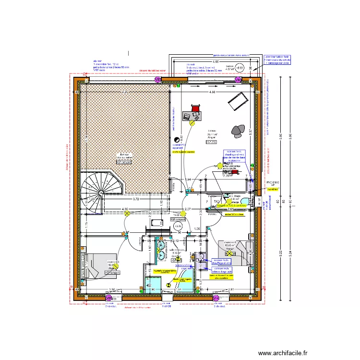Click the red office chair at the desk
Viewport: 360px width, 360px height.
[x=195, y=108]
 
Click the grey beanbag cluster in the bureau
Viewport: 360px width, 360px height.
[x=239, y=129]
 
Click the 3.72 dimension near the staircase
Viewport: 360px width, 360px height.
[x=135, y=199]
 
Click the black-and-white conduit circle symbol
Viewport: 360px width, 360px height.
[x=176, y=140]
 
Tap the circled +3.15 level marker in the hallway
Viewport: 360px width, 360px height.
[x=178, y=226]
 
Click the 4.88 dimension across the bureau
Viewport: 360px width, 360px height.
[x=212, y=92]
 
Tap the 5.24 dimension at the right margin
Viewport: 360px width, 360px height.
[x=282, y=254]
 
